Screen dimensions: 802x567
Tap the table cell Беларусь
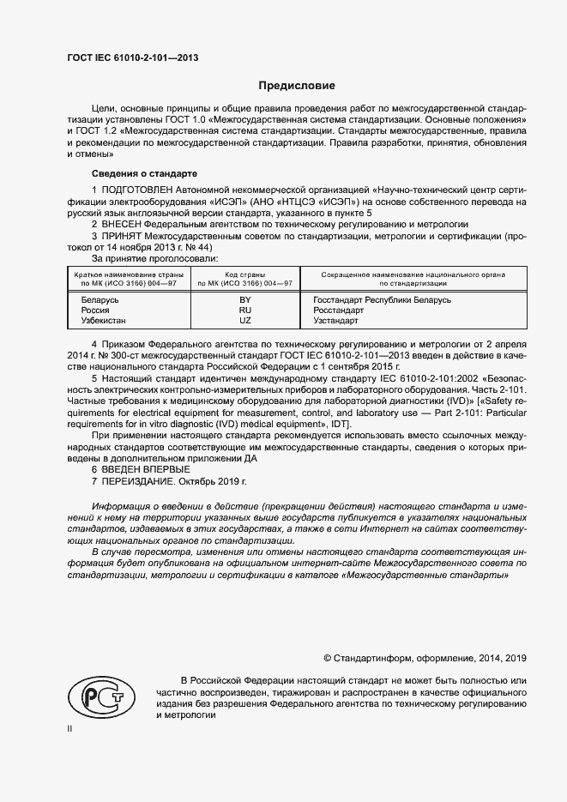click(x=100, y=300)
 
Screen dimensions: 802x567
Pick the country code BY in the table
click(x=244, y=300)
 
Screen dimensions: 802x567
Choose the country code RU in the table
click(x=244, y=311)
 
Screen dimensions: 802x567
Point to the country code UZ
click(x=244, y=321)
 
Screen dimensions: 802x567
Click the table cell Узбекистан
click(x=103, y=321)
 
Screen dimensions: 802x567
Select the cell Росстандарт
click(x=330, y=311)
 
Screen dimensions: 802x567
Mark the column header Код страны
click(x=245, y=274)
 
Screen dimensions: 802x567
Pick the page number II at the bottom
click(x=69, y=729)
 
